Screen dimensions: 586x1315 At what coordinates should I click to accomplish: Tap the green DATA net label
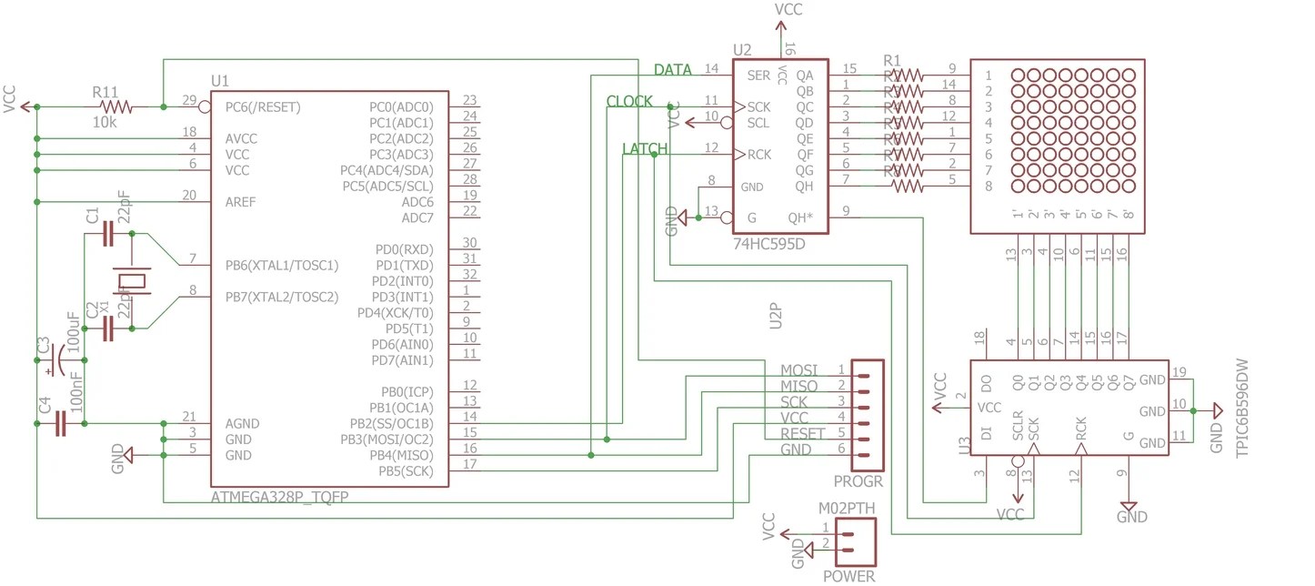point(672,70)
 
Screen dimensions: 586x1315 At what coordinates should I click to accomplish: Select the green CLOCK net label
point(629,102)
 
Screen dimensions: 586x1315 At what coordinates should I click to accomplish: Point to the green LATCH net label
point(645,149)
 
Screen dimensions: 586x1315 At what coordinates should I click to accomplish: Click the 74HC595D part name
point(769,245)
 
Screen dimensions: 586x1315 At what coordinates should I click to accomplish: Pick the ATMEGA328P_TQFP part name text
point(279,498)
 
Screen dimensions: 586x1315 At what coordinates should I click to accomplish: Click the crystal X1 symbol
point(133,281)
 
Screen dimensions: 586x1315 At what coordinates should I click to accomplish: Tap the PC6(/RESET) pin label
point(263,107)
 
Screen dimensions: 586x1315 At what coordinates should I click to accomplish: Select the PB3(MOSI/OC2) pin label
point(392,439)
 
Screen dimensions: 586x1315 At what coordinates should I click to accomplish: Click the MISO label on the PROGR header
point(798,386)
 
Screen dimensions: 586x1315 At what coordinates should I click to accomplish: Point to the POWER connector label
point(848,576)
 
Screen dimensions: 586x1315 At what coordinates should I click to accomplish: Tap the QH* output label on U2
point(800,217)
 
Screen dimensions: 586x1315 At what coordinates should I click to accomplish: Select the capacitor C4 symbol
point(60,423)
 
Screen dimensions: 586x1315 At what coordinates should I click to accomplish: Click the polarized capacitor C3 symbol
point(55,360)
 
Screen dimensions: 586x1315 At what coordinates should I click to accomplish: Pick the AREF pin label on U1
point(241,202)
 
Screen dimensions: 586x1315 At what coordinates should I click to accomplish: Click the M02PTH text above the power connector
point(847,508)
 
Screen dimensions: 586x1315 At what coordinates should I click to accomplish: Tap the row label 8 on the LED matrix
point(988,187)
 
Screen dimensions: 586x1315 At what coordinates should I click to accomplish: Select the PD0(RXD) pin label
point(404,249)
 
